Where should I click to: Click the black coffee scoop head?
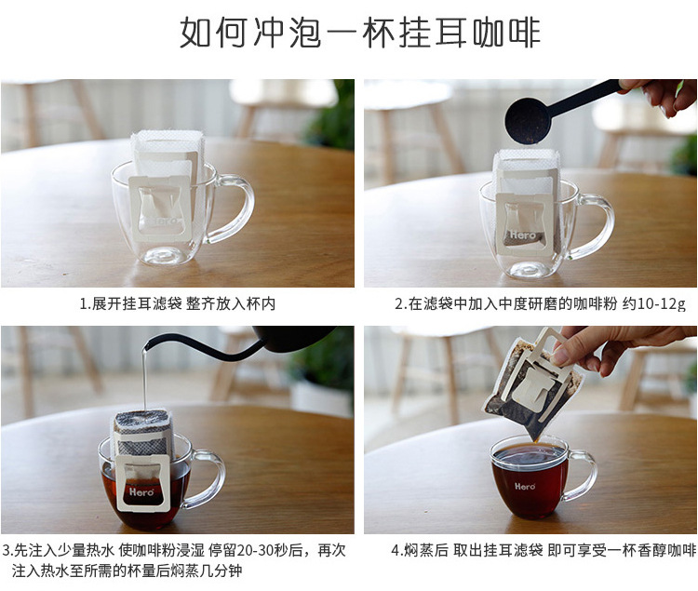(528, 121)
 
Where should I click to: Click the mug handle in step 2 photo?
(596, 223)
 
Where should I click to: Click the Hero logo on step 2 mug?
(523, 235)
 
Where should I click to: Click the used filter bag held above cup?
(530, 382)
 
